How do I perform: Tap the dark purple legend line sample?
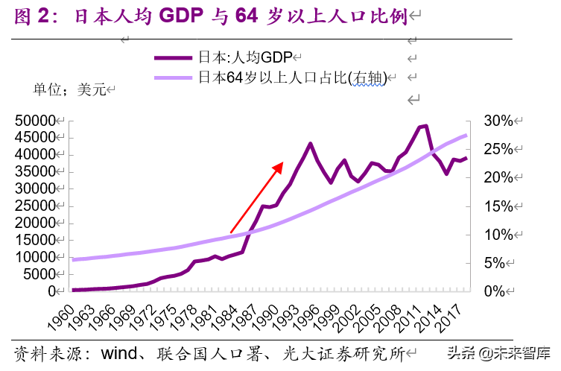pos(174,57)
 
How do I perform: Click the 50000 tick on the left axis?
pos(34,121)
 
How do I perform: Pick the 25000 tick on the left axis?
pos(34,206)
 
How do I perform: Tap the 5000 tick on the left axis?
pos(38,273)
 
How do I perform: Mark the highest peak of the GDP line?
pos(425,126)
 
